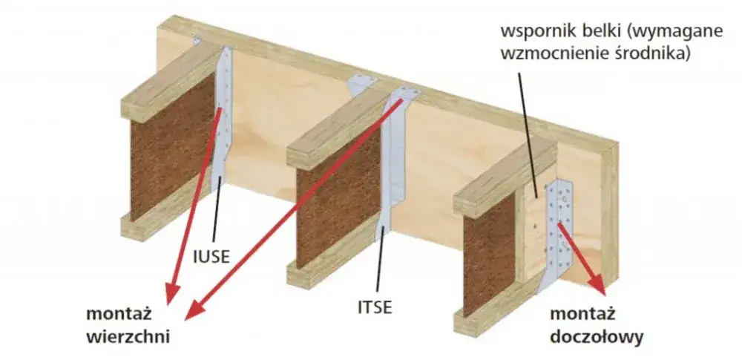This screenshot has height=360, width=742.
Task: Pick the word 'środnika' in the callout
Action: coord(654,54)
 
